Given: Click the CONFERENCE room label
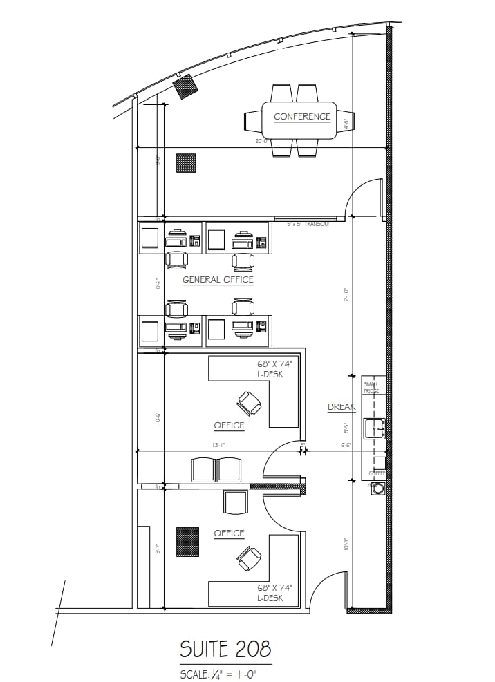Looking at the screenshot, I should click(x=302, y=117).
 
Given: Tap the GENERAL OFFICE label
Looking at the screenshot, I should click(x=218, y=280).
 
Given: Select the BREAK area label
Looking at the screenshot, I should click(x=341, y=408).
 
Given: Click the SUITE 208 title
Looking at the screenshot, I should click(x=225, y=650).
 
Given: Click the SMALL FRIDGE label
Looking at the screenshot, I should click(x=371, y=388).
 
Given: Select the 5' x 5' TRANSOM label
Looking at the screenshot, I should click(x=308, y=224).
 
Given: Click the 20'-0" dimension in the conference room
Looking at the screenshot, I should click(x=261, y=142).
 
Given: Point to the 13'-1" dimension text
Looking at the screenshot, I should click(x=218, y=446).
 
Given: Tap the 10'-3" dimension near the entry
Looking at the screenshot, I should click(x=346, y=544).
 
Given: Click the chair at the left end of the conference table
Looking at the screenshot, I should click(x=253, y=121).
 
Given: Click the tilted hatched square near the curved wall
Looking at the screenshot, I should click(x=185, y=86).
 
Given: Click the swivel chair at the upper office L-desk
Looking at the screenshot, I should click(x=250, y=403).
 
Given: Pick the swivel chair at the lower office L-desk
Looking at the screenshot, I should click(x=249, y=558).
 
